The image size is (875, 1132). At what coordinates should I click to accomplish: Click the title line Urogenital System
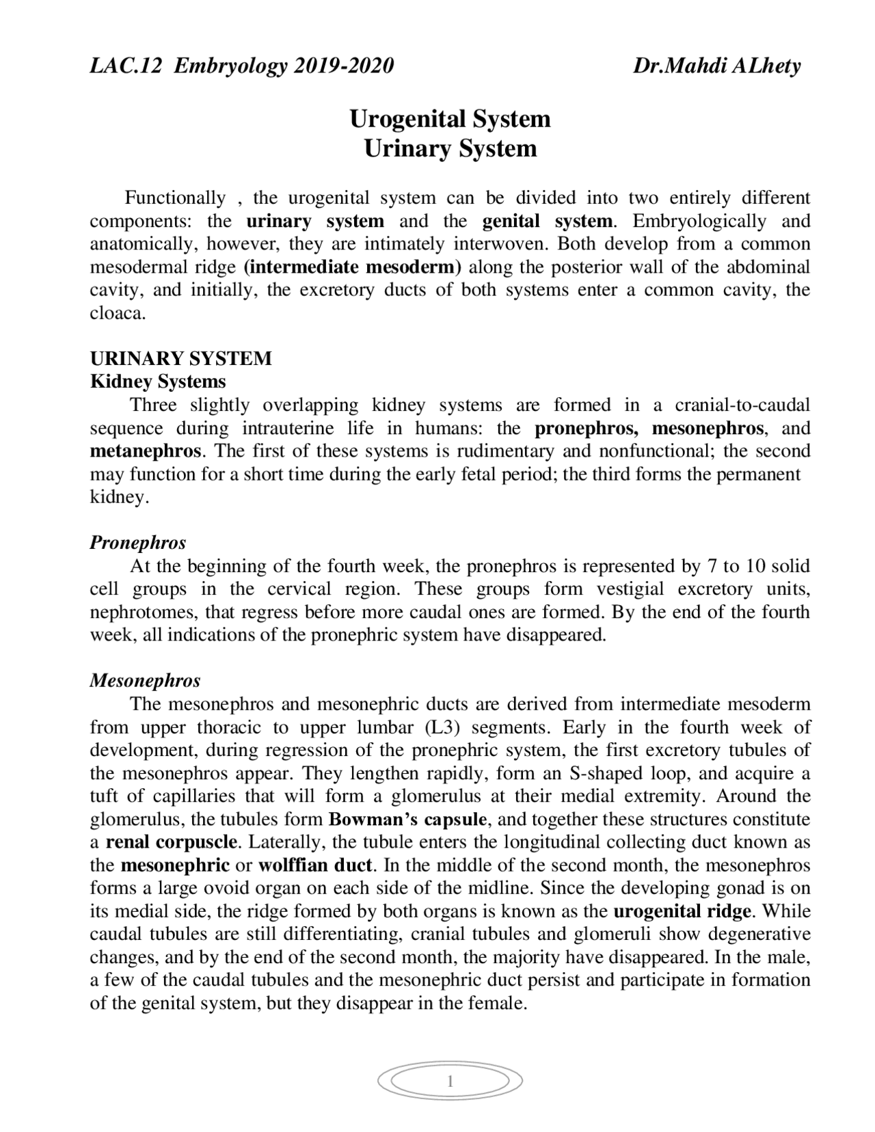(450, 118)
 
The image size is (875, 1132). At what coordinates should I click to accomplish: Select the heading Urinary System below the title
(450, 148)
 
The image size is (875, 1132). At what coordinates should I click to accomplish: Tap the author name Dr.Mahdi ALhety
(716, 66)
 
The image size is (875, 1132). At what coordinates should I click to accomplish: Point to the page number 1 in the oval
(450, 1081)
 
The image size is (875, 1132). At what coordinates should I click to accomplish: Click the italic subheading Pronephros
(138, 543)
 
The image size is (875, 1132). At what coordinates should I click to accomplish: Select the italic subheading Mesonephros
(146, 681)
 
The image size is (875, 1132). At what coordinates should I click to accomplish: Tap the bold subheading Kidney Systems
(158, 381)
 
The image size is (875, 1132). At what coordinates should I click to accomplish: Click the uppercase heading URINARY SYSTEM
(181, 358)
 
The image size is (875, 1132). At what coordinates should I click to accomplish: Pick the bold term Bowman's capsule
(407, 819)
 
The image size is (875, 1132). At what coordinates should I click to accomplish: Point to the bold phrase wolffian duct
(314, 865)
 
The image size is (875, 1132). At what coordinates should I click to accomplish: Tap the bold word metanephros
(146, 451)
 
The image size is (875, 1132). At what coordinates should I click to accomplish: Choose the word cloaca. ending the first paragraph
(118, 313)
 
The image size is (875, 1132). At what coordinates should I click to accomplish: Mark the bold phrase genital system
(548, 221)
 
